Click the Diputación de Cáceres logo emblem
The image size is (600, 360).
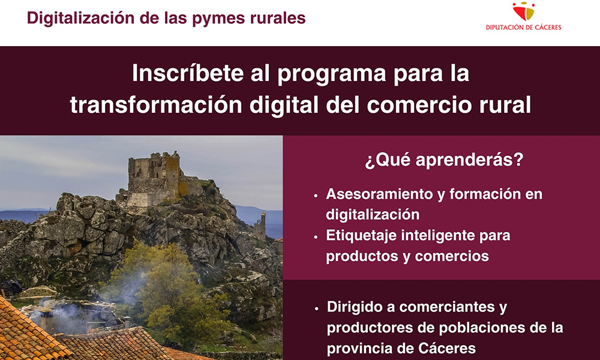click(523, 11)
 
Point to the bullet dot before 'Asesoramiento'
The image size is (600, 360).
click(316, 196)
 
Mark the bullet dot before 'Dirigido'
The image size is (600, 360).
click(316, 308)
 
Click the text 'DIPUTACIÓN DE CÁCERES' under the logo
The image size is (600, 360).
click(523, 28)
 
